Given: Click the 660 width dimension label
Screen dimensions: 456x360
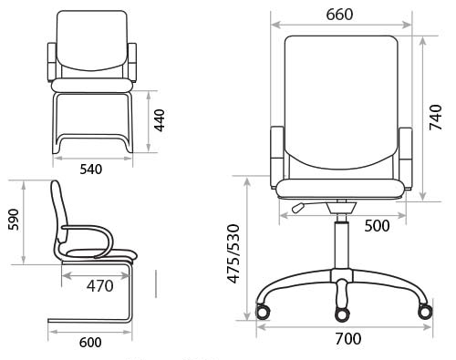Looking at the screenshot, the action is (339, 15).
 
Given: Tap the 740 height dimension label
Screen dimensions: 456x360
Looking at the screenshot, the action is (435, 118).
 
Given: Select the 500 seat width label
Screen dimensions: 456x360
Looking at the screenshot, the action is (377, 226).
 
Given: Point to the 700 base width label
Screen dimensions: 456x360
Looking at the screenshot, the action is (348, 338).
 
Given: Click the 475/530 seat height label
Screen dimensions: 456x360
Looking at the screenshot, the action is (234, 253).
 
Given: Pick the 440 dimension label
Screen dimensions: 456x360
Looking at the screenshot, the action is (159, 120).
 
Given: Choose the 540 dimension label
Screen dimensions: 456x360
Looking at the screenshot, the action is (91, 170).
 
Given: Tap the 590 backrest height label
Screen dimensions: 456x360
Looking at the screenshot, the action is (14, 220).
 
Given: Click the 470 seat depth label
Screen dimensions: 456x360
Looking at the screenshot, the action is (100, 286).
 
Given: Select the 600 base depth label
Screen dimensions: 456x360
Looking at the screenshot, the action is (90, 343).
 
